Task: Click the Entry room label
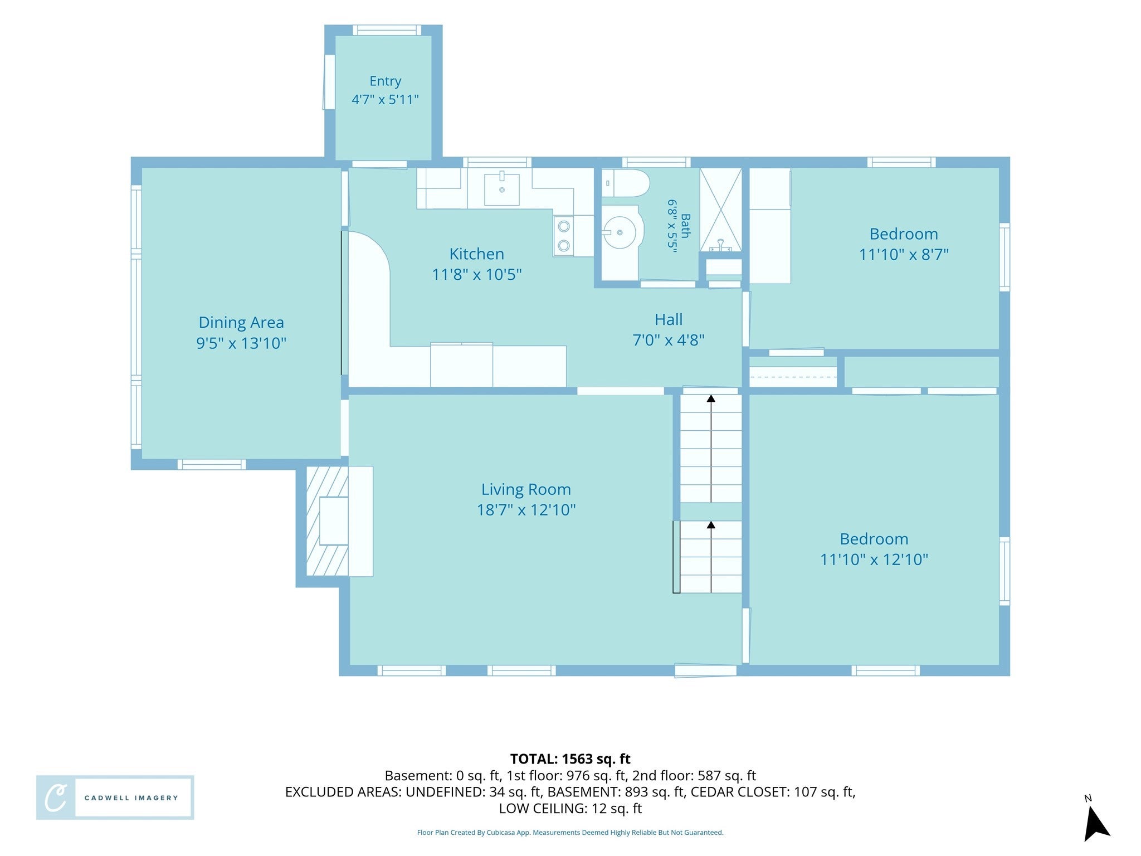385,81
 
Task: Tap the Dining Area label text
241,323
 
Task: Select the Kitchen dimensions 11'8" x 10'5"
477,275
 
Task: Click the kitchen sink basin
502,189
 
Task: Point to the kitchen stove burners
564,236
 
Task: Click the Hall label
669,320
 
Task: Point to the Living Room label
526,490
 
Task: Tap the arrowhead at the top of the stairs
711,398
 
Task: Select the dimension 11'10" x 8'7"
904,255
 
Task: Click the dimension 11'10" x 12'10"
874,560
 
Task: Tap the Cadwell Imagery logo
115,797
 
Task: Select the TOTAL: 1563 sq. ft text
570,759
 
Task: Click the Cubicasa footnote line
570,833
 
